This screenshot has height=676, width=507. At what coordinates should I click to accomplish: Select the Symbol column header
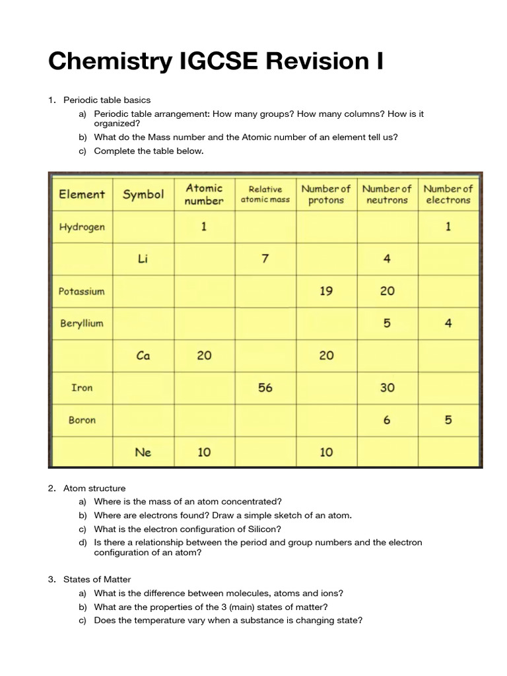(x=143, y=195)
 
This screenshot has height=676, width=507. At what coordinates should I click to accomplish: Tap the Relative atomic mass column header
(x=265, y=194)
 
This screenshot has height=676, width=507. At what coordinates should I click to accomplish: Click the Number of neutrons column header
(x=387, y=194)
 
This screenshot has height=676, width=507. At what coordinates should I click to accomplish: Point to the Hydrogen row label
(x=82, y=227)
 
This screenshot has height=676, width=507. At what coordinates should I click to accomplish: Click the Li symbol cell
(x=143, y=259)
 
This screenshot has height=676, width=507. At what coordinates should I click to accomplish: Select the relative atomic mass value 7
(x=265, y=259)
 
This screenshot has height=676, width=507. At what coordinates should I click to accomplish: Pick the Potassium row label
(x=82, y=291)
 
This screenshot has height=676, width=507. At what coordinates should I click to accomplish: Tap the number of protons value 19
(x=326, y=290)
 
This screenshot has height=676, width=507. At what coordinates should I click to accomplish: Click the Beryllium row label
(x=82, y=323)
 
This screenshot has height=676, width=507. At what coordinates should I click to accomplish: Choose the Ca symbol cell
(x=143, y=356)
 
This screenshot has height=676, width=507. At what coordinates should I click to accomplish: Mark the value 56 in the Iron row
(x=265, y=388)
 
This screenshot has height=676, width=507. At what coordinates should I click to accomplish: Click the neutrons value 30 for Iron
(x=387, y=388)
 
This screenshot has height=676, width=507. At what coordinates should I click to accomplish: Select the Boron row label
(x=82, y=421)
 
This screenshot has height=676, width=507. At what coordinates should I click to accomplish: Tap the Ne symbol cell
(x=143, y=452)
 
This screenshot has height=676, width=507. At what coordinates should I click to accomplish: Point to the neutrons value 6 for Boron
(x=387, y=421)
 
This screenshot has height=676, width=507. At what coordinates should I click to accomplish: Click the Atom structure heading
(x=94, y=489)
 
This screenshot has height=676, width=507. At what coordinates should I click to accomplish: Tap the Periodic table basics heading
(x=107, y=100)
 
